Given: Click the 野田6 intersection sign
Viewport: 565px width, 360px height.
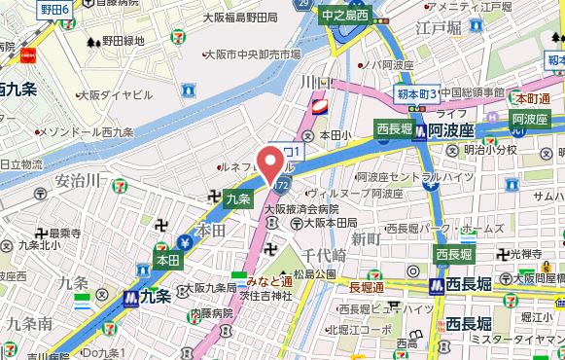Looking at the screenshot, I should pyautogui.click(x=54, y=9).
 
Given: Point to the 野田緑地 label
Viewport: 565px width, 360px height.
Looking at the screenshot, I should pyautogui.click(x=122, y=42).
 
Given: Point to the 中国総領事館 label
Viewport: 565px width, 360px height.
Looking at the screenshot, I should pyautogui.click(x=476, y=93).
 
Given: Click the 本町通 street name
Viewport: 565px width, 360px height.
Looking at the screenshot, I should pyautogui.click(x=533, y=98).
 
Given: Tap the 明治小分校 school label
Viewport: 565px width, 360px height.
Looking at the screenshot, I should pyautogui.click(x=495, y=151).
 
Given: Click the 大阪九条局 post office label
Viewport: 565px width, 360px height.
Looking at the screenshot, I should pyautogui.click(x=208, y=288).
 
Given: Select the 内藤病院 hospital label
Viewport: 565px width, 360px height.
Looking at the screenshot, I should pyautogui.click(x=213, y=313).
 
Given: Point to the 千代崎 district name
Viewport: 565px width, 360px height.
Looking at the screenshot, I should pyautogui.click(x=324, y=255).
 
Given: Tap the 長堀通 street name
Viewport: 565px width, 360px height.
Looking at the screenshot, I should pyautogui.click(x=367, y=287).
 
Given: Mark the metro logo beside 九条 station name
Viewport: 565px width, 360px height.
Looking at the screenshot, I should pyautogui.click(x=129, y=298).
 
